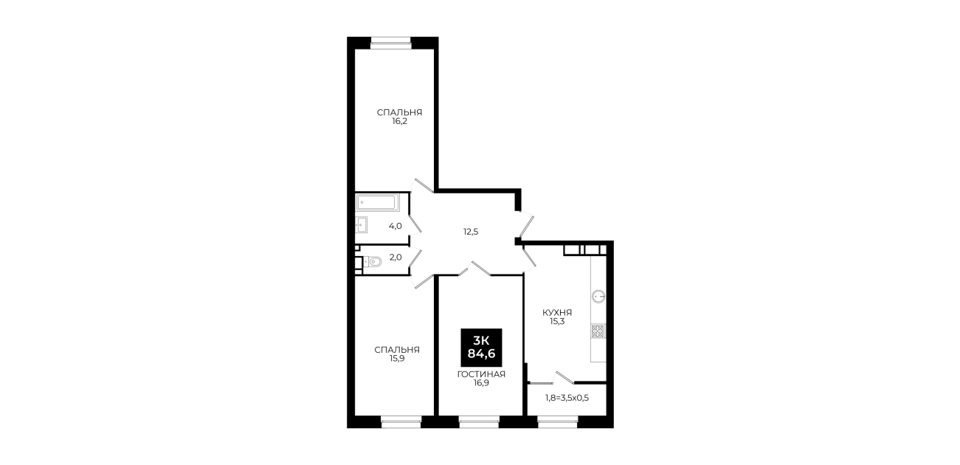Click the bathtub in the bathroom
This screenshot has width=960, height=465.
tap(378, 202)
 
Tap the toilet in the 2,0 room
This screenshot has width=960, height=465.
tap(373, 261)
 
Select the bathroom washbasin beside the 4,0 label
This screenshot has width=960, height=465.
tap(361, 225)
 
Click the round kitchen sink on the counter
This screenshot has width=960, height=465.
tap(598, 296)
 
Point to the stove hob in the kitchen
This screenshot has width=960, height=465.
tap(598, 331)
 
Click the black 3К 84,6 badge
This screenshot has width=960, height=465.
tap(481, 348)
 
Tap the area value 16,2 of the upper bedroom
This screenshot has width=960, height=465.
tap(399, 121)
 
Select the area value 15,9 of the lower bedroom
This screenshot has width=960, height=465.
tap(397, 359)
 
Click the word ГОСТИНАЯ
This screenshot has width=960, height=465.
tap(481, 374)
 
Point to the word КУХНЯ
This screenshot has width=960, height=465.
tap(557, 312)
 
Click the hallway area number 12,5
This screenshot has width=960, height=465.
tap(471, 232)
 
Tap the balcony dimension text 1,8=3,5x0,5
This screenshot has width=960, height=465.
tap(567, 398)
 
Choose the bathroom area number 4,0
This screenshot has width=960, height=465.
tap(396, 226)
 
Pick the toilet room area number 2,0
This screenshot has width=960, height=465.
tap(396, 257)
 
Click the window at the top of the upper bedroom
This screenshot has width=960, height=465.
tap(391, 41)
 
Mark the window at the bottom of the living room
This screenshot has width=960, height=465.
tap(479, 421)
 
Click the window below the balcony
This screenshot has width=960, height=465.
tap(558, 421)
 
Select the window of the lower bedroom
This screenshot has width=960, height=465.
tap(401, 421)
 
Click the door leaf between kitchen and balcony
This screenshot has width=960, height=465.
tap(564, 378)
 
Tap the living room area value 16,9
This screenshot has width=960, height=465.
tap(481, 383)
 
